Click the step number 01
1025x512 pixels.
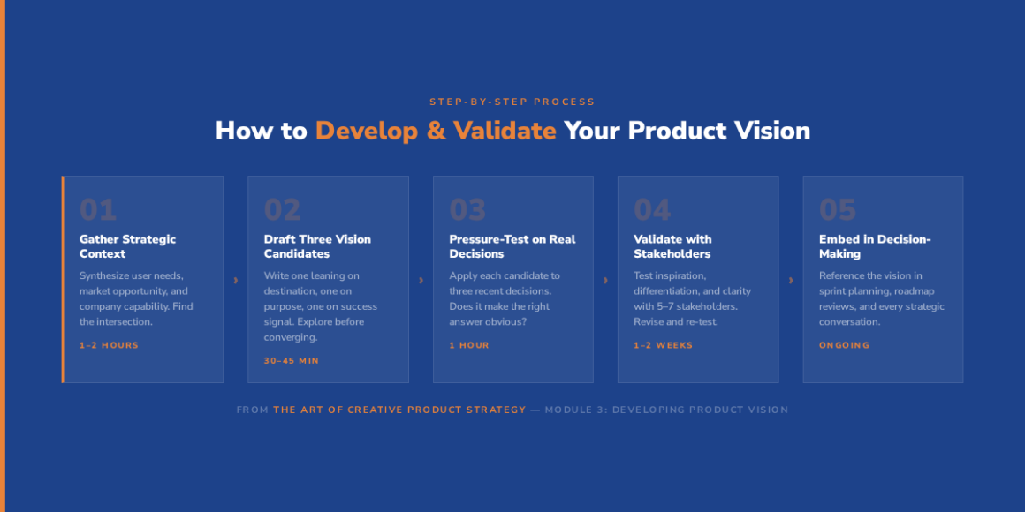[98, 209]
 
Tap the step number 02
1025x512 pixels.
[283, 209]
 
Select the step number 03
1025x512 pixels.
[467, 209]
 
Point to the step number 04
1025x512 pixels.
[652, 209]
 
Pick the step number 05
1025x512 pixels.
[838, 209]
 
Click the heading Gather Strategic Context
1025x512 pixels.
[127, 246]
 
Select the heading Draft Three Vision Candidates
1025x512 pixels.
[317, 246]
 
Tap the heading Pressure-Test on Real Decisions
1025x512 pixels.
[512, 246]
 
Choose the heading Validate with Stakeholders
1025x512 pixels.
[672, 246]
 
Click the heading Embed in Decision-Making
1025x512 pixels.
[875, 246]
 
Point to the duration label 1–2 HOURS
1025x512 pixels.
[110, 345]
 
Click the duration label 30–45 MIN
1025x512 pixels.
[292, 360]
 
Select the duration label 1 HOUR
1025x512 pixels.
[468, 345]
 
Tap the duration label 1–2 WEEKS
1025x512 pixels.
[663, 345]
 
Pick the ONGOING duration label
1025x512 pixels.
[844, 345]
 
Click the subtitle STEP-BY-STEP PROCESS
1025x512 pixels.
[512, 102]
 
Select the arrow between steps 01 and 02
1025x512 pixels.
[235, 280]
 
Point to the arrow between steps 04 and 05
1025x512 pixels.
[790, 280]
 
